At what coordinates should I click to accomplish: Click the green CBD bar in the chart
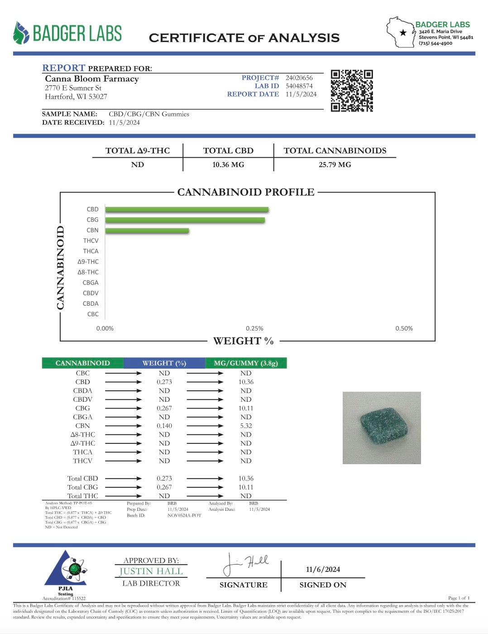coord(187,210)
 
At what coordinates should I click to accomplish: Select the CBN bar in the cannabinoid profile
coord(147,231)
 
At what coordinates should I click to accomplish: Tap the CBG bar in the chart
coord(185,220)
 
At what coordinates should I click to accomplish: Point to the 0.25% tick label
coord(254,328)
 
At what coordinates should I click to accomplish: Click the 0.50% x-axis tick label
coord(404,328)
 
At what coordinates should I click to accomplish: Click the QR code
coord(352,91)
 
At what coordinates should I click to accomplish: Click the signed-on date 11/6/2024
coord(323,569)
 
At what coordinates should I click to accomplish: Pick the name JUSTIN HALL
coord(151,572)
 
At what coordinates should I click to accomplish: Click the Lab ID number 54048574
coord(299,86)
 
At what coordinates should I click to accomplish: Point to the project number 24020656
coord(299,78)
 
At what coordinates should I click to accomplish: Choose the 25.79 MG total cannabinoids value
coord(335,165)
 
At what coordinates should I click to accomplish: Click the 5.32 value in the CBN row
coord(246,426)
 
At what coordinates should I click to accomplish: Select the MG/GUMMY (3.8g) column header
coord(246,363)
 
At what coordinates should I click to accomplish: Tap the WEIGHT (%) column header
coord(164,363)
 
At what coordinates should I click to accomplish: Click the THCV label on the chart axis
coord(91,241)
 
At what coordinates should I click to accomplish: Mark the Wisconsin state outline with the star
coord(400,32)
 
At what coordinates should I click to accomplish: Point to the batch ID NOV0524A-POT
coord(184,515)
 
